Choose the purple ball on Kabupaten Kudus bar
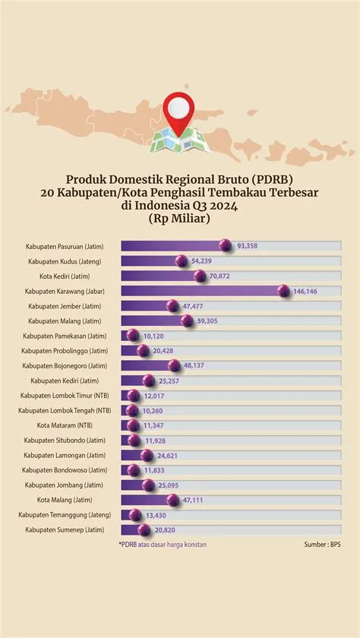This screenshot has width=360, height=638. [x=182, y=261]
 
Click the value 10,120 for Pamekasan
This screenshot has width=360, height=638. [x=155, y=335]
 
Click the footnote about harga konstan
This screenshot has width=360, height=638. [x=163, y=545]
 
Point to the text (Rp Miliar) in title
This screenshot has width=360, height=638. [x=180, y=218]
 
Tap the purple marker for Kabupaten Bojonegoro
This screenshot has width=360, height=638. [x=174, y=365]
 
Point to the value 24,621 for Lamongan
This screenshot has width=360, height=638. [x=169, y=455]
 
